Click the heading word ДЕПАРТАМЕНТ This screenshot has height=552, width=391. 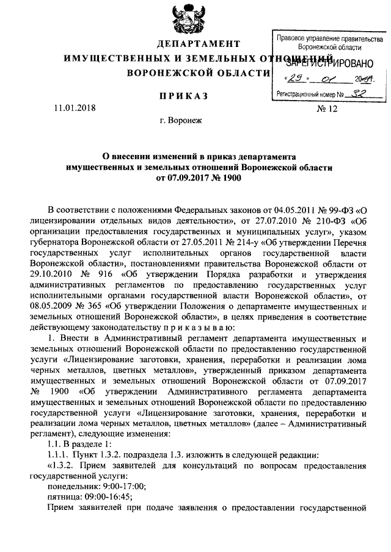pyautogui.click(x=198, y=45)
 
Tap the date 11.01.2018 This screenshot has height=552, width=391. pyautogui.click(x=74, y=109)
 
